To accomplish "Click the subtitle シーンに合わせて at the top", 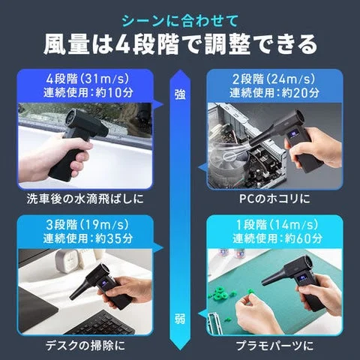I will pyautogui.click(x=180, y=18).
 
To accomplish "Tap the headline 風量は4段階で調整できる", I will pyautogui.click(x=180, y=43).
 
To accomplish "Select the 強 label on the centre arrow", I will pyautogui.click(x=180, y=94).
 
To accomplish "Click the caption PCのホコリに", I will pyautogui.click(x=268, y=199).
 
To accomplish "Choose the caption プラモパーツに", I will pyautogui.click(x=268, y=346).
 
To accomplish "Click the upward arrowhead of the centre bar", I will pyautogui.click(x=180, y=75).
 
